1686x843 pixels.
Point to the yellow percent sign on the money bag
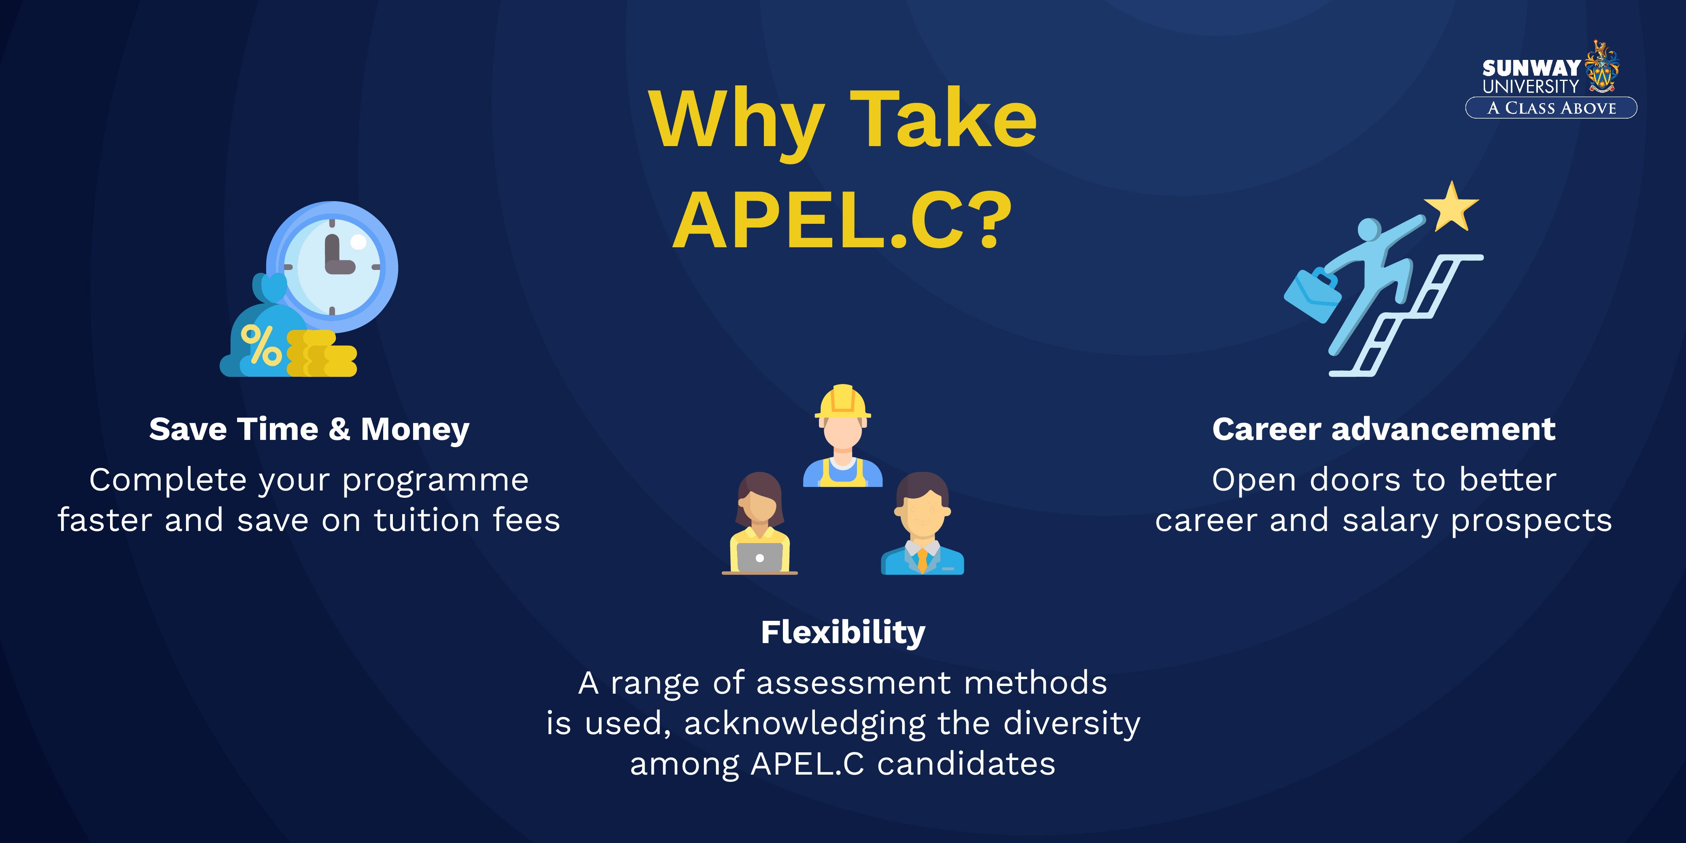coord(261,345)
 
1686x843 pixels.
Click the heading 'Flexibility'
coord(843,632)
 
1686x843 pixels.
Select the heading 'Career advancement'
coord(1384,429)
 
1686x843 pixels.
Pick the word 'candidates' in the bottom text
coord(966,764)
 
